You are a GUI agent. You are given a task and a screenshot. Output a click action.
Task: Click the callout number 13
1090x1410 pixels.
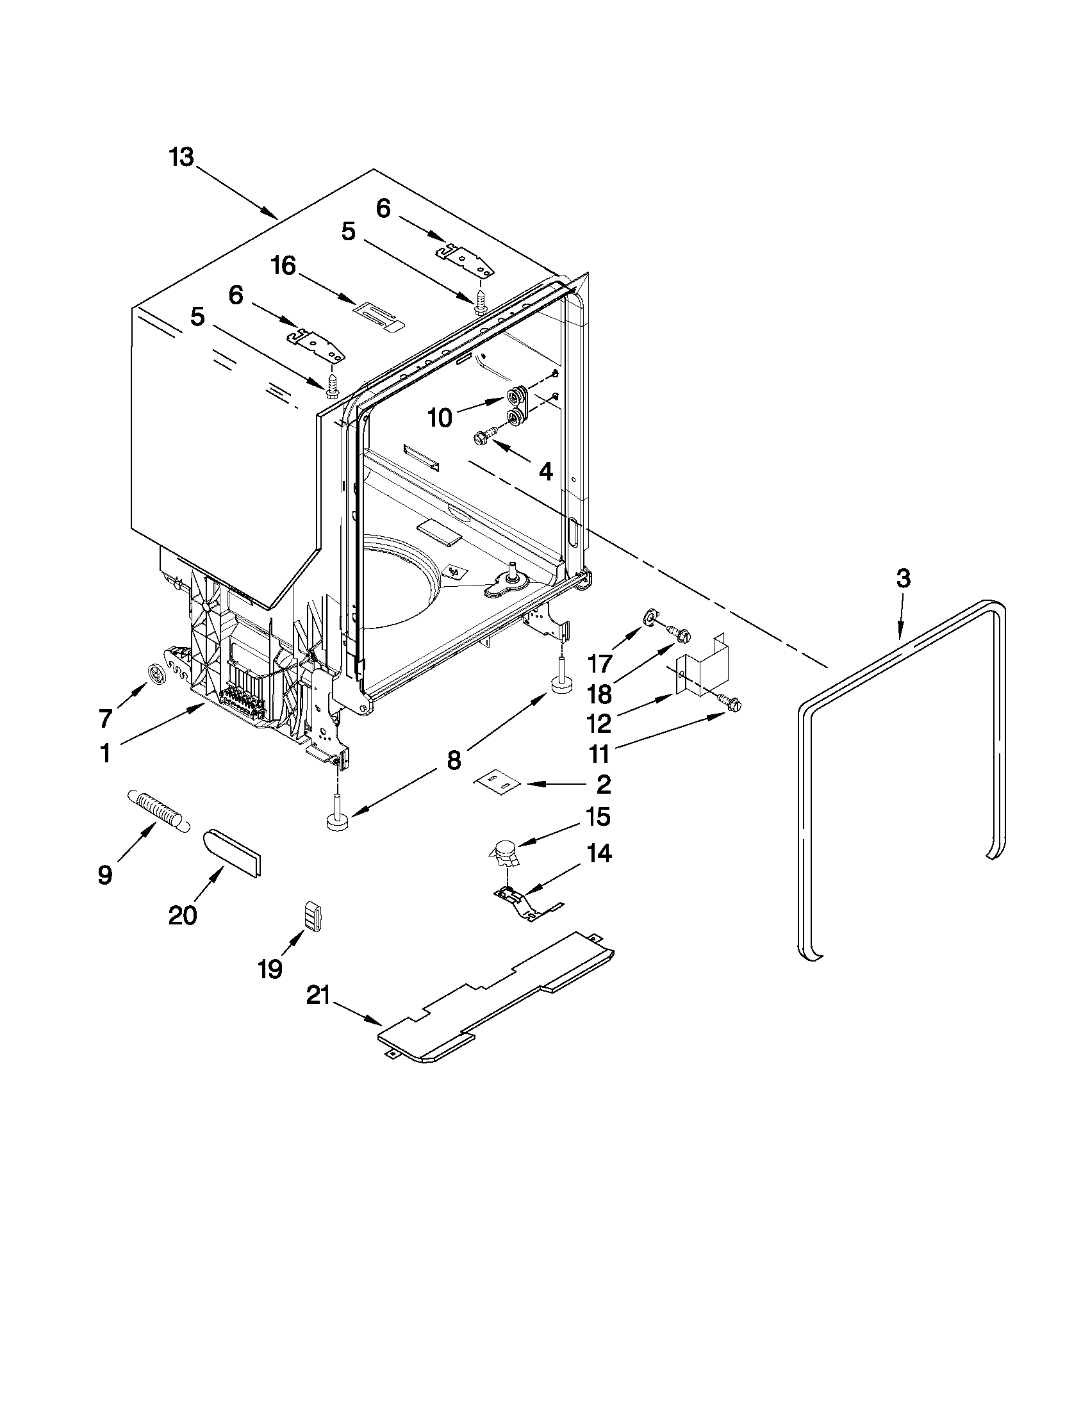(x=182, y=157)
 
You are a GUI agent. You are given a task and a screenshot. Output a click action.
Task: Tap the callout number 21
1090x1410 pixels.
(x=318, y=996)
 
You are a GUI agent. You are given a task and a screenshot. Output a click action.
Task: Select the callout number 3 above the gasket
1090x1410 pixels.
(x=903, y=578)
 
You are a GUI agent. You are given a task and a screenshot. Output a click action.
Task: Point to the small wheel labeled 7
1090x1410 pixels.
(x=157, y=674)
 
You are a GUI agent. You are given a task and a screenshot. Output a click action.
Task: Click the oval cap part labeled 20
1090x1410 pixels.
(x=233, y=853)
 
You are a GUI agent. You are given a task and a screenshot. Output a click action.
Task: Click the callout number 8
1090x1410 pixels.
(x=454, y=760)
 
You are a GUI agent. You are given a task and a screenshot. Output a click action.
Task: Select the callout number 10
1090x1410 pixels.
(x=440, y=418)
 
